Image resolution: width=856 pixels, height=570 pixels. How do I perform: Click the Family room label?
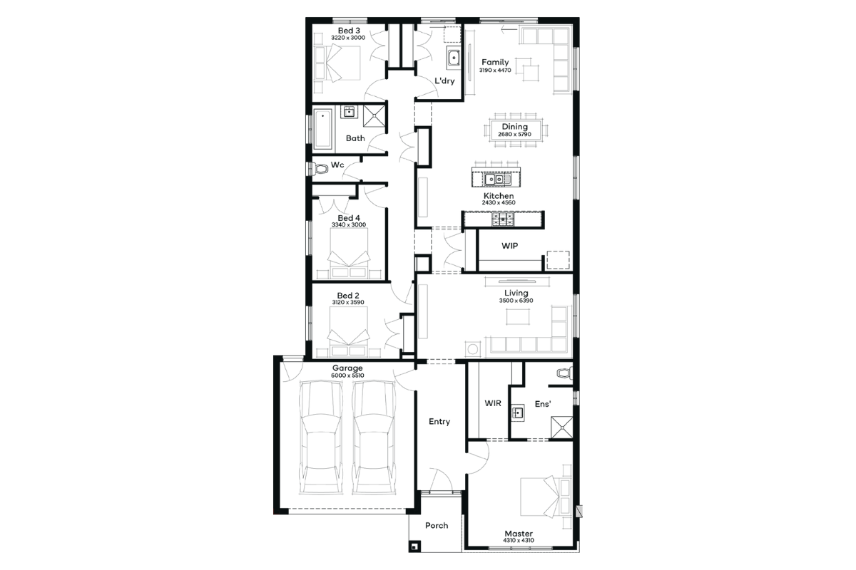[495, 62]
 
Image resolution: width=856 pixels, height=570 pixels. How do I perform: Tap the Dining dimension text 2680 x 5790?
[514, 135]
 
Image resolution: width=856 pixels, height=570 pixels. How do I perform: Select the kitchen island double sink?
[495, 179]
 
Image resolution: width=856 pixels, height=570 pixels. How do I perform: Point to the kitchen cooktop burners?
[503, 219]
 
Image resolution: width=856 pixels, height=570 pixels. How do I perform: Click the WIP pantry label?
[510, 246]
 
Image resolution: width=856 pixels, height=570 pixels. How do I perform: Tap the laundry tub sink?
[454, 58]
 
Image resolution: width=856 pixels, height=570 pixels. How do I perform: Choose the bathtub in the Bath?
[323, 129]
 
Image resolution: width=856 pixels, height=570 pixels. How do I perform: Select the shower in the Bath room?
[374, 115]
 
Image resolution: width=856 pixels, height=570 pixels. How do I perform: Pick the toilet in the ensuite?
[565, 373]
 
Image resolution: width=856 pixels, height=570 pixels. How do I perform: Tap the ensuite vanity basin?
[518, 413]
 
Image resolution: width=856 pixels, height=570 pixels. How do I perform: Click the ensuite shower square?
[562, 427]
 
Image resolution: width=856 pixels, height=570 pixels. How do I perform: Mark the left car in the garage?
[321, 438]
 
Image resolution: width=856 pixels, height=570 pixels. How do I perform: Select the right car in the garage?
[374, 438]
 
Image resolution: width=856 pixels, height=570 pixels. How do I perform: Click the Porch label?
[437, 525]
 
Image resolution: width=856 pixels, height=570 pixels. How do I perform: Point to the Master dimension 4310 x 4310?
[518, 540]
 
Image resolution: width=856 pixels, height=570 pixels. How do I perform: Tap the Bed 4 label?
[349, 218]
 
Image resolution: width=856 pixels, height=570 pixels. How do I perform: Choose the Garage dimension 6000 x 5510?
[347, 375]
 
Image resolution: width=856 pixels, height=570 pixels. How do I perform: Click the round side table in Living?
[473, 349]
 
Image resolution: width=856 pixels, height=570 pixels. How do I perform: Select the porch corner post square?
[415, 546]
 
